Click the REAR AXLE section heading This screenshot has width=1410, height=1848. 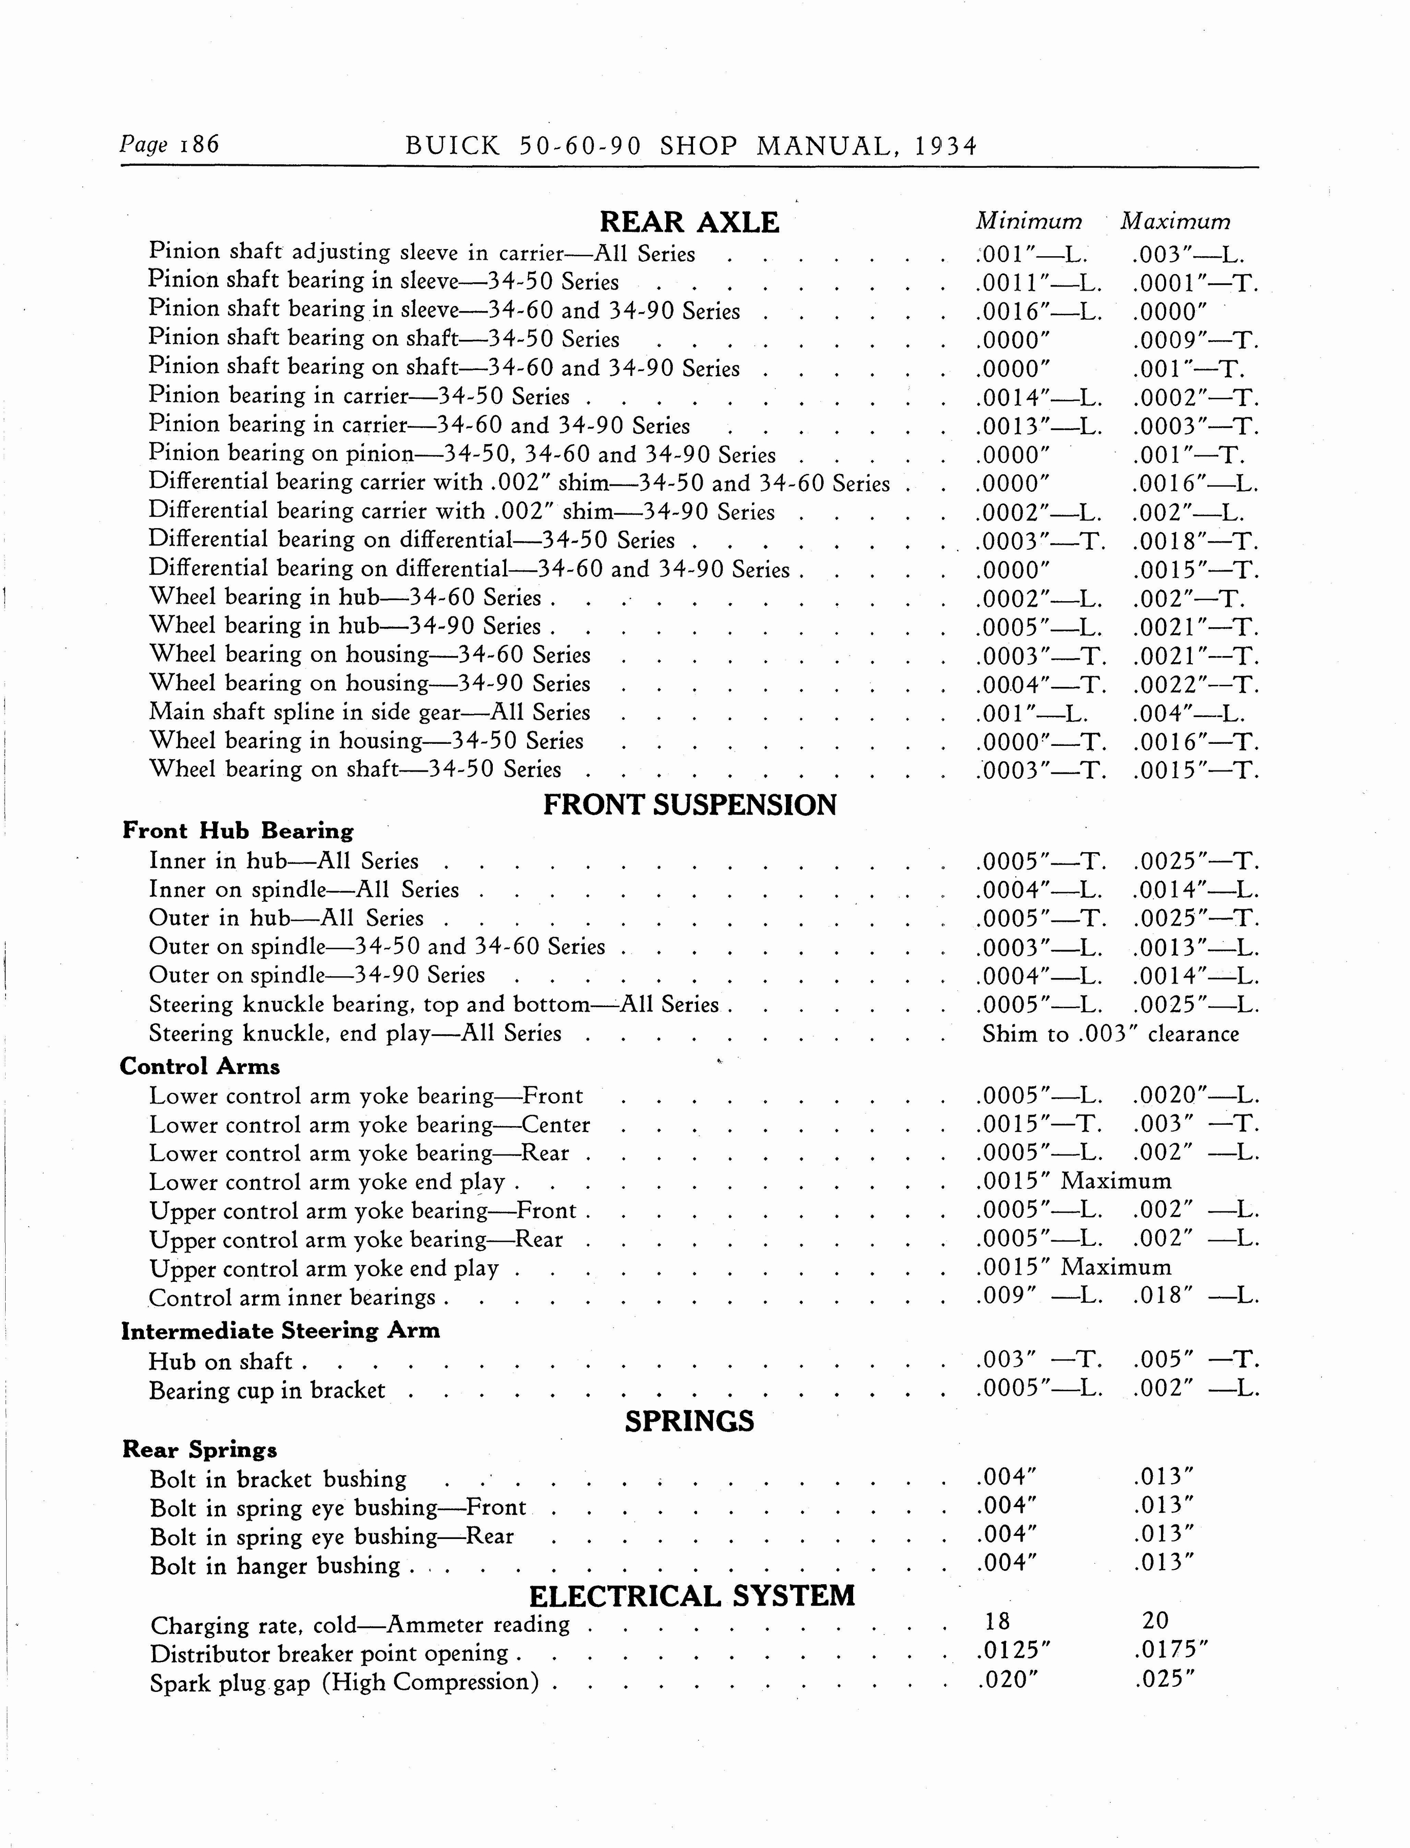689,222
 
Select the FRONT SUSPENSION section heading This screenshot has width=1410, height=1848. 690,805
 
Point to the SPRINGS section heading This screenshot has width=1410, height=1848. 689,1421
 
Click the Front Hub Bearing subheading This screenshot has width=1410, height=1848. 238,831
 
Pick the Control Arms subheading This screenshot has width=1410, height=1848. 200,1067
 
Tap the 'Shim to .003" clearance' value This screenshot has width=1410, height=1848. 1110,1034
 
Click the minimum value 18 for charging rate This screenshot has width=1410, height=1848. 997,1621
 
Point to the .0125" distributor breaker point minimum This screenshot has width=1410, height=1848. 1014,1651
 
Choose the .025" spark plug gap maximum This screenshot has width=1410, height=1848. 1163,1679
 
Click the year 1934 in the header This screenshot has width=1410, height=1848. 946,147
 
